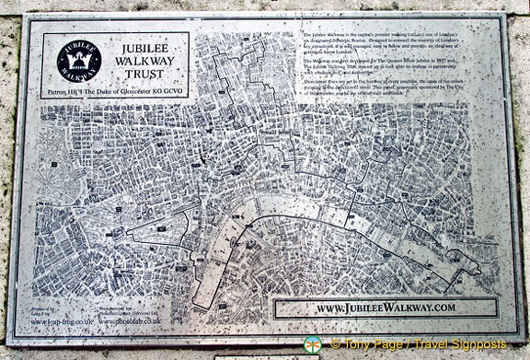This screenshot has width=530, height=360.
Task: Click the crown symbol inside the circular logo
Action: tap(78, 59)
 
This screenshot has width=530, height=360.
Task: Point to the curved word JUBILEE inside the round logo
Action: tap(78, 44)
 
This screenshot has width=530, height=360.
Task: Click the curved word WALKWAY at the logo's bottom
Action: tap(78, 74)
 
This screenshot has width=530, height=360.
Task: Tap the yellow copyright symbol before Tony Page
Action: tap(335, 345)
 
